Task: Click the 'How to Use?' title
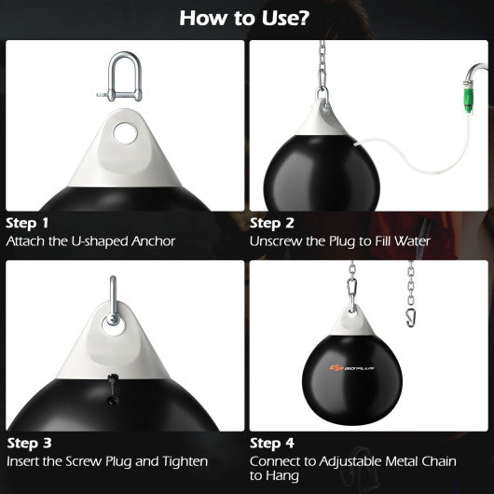click(x=247, y=18)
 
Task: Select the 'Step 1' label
click(x=27, y=224)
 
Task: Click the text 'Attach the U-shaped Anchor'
click(x=90, y=240)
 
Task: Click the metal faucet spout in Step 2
click(x=476, y=75)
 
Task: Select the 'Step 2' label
click(x=271, y=224)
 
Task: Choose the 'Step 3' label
click(x=28, y=443)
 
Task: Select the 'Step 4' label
click(x=271, y=443)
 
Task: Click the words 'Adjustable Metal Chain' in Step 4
click(x=380, y=460)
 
